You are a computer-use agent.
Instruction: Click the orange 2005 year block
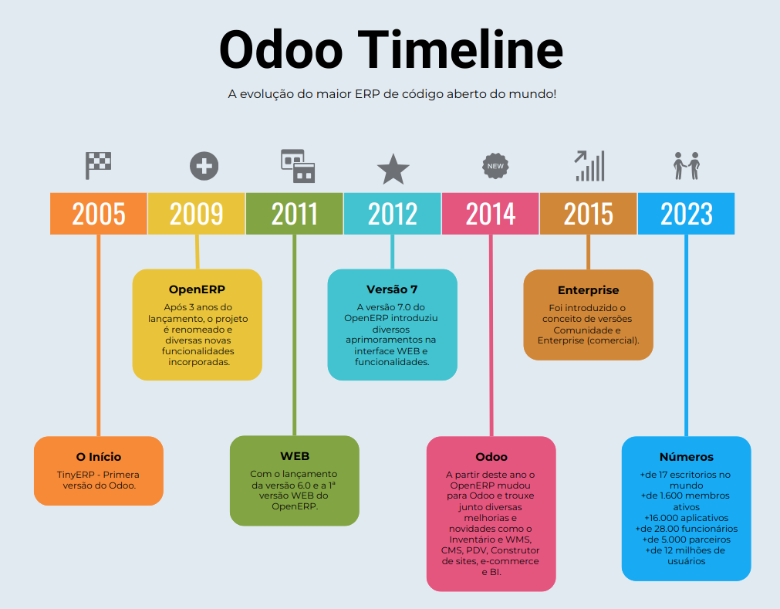(x=99, y=214)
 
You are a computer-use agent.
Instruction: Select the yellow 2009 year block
(x=197, y=214)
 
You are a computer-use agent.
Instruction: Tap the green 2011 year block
(x=295, y=214)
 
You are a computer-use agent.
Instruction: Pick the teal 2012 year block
(x=393, y=214)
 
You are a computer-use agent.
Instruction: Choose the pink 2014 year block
(x=491, y=214)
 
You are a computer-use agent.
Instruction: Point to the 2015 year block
(x=589, y=214)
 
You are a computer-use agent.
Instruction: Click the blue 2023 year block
(x=686, y=214)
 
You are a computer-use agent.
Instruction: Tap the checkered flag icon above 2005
(x=98, y=164)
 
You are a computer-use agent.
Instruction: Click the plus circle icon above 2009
(x=204, y=166)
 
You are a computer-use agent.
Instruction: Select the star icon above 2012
(x=393, y=169)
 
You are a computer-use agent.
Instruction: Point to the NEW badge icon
(x=495, y=166)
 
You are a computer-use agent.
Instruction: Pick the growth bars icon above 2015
(x=589, y=165)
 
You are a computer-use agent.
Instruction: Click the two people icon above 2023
(x=686, y=165)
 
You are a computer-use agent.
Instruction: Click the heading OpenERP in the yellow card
(x=197, y=290)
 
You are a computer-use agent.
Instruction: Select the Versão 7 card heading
(x=392, y=290)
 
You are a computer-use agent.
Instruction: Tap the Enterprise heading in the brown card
(x=588, y=291)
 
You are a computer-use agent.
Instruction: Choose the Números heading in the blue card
(x=686, y=457)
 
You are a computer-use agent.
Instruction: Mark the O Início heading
(x=99, y=457)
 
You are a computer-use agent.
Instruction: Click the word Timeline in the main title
(x=461, y=49)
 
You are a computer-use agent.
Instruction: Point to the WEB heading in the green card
(x=295, y=456)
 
